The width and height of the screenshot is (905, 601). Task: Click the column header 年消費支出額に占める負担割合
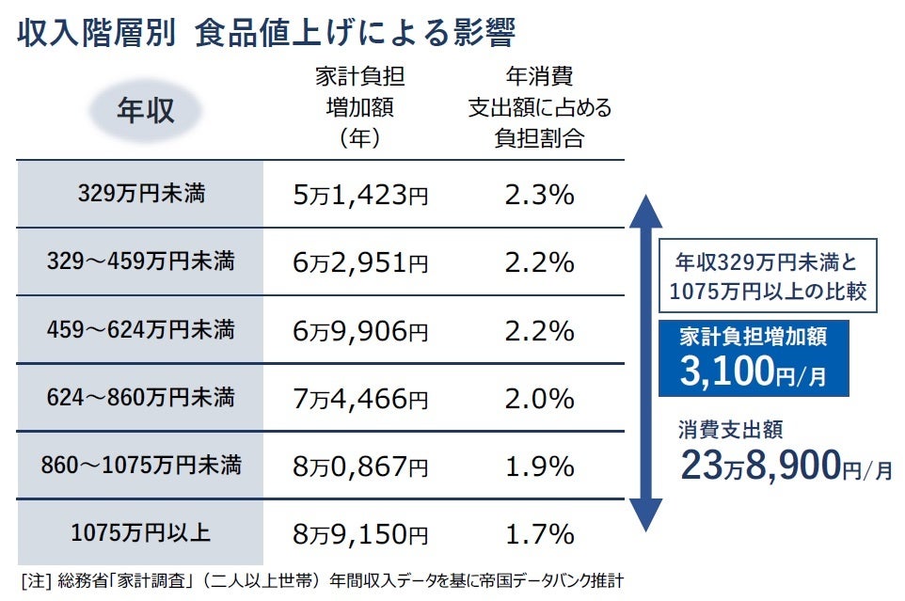point(539,107)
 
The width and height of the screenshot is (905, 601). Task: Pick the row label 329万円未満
point(141,195)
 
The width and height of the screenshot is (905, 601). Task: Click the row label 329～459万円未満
point(141,262)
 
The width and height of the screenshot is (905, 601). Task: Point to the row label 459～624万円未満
point(141,330)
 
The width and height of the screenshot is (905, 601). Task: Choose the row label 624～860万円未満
point(141,398)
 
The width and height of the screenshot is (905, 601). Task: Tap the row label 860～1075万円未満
point(141,466)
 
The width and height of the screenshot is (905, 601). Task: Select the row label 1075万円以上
point(141,533)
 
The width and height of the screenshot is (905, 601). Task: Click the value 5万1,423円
point(360,196)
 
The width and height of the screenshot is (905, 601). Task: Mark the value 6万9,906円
point(360,331)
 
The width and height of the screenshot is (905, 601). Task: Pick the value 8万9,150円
point(360,534)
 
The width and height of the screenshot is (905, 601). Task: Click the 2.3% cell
point(539,196)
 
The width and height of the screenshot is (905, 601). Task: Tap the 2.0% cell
point(539,399)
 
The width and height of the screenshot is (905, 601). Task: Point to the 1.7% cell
point(539,534)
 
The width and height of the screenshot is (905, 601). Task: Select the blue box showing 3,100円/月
point(754,358)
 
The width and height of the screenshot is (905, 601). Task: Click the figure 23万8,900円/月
point(785,464)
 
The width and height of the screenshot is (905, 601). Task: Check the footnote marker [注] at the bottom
point(34,578)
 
